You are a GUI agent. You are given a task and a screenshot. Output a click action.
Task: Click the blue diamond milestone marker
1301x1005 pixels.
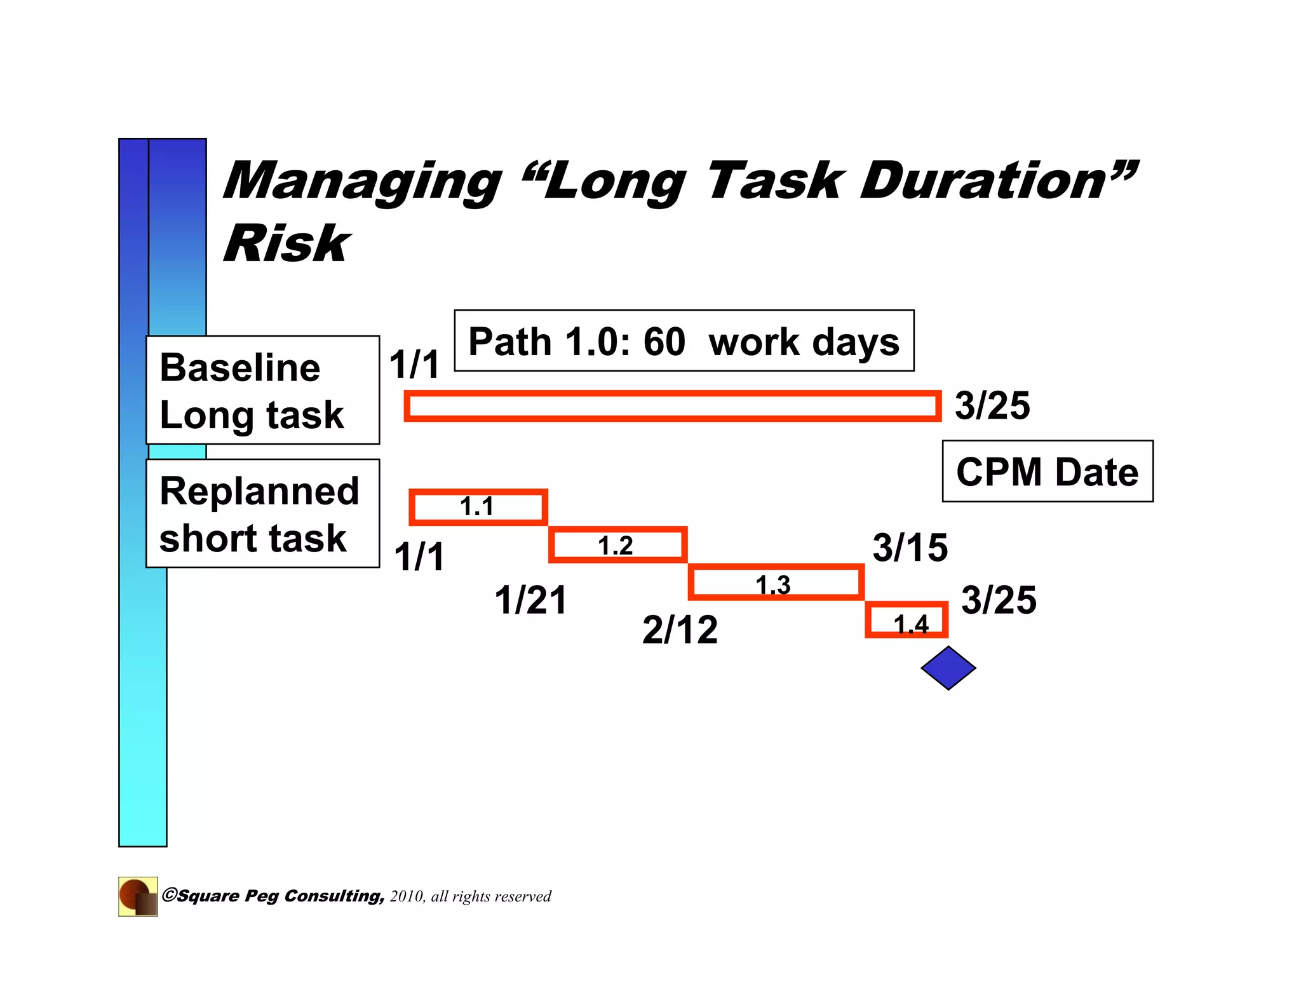tap(948, 668)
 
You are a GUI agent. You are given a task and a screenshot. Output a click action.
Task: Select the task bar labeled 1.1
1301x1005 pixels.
tap(478, 507)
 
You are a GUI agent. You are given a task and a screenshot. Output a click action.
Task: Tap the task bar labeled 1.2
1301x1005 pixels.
tap(617, 545)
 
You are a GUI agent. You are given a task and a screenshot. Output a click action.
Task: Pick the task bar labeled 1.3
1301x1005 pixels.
tap(776, 583)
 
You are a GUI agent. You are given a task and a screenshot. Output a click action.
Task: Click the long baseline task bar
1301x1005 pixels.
tap(672, 407)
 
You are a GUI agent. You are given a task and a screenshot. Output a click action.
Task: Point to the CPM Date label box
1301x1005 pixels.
tap(1047, 471)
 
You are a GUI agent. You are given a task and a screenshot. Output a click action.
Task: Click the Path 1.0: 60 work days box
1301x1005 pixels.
tap(684, 341)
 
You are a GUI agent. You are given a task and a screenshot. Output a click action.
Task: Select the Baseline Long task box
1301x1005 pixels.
tap(262, 390)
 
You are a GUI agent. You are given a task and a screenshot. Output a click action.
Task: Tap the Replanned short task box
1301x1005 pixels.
tap(262, 513)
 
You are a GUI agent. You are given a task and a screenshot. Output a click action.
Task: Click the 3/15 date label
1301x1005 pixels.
tap(910, 548)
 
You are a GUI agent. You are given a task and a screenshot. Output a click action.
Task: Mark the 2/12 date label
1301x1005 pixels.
tap(680, 630)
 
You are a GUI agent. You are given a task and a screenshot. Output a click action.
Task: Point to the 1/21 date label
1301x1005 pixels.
tap(530, 600)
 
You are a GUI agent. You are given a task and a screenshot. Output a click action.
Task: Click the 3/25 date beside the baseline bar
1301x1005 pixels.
tap(992, 405)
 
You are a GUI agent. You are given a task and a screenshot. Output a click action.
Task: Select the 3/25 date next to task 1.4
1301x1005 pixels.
tap(998, 600)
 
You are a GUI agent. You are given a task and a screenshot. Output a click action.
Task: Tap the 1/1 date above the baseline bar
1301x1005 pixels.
tap(414, 365)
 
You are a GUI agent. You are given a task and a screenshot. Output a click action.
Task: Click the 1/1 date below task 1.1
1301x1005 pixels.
tap(419, 556)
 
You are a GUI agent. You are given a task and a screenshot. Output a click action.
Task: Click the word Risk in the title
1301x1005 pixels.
tap(286, 243)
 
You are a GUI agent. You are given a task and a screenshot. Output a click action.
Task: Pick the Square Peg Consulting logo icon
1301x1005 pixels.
tap(138, 896)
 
